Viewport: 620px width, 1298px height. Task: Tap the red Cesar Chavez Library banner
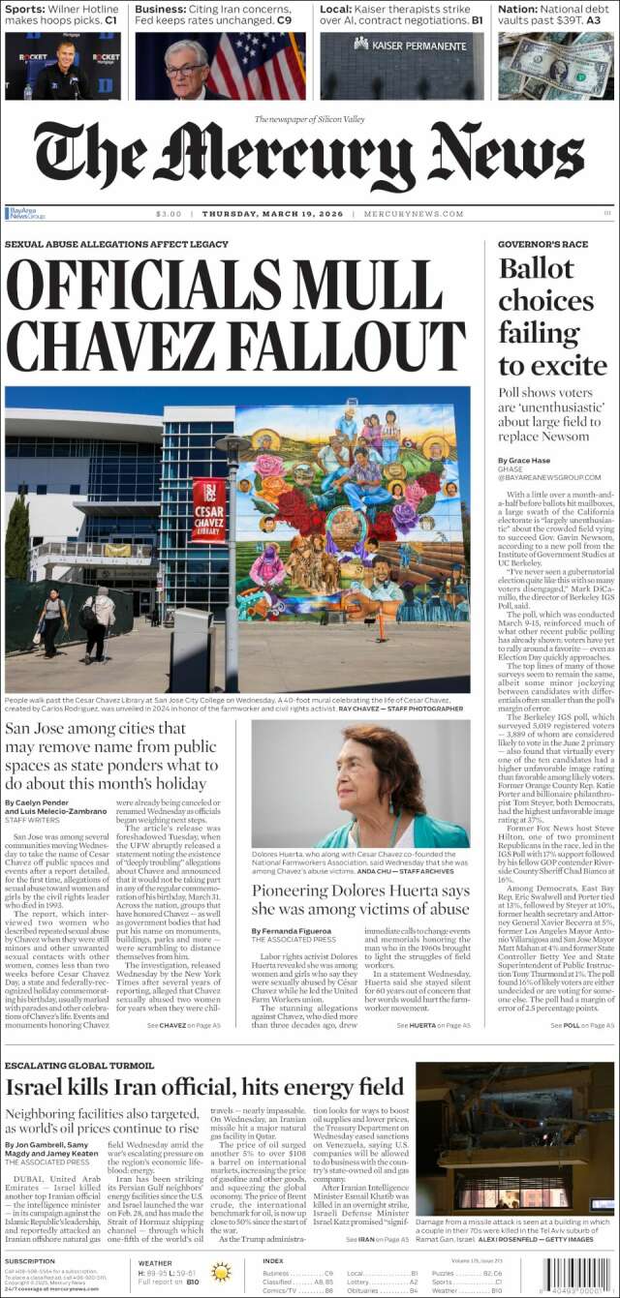point(208,509)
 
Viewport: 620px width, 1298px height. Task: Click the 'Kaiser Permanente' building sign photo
point(402,66)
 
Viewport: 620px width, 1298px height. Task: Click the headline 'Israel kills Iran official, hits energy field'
point(204,1086)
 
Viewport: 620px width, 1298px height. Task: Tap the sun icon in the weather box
point(221,1272)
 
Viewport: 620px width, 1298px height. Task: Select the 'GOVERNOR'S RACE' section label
point(542,244)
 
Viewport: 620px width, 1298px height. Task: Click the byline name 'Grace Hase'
point(527,460)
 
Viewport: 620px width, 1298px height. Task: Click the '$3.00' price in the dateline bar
point(169,214)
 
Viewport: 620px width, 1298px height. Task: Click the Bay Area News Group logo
point(25,214)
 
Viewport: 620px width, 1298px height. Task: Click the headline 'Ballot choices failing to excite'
point(545,317)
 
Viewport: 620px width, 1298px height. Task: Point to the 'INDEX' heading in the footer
point(273,1260)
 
